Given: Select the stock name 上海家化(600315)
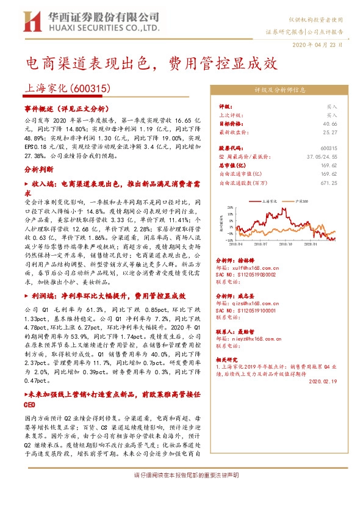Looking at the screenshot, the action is (x=67, y=89).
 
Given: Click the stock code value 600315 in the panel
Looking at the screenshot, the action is (x=328, y=148).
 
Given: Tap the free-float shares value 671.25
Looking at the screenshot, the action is (x=328, y=182).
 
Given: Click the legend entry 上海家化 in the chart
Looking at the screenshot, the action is (x=270, y=200).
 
